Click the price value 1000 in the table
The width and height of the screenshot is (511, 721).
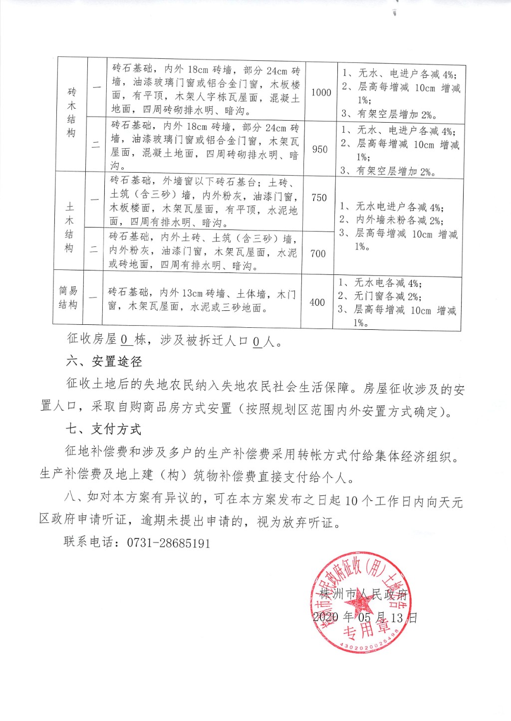pyautogui.click(x=321, y=92)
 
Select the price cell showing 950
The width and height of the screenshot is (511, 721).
pyautogui.click(x=320, y=149)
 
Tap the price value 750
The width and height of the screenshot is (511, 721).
pyautogui.click(x=319, y=198)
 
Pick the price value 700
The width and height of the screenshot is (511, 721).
pyautogui.click(x=318, y=253)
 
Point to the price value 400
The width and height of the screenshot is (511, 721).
pyautogui.click(x=317, y=302)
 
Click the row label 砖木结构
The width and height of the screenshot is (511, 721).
pyautogui.click(x=72, y=113)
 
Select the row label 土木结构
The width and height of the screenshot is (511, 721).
pyautogui.click(x=69, y=227)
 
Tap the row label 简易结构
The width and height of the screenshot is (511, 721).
pyautogui.click(x=68, y=297)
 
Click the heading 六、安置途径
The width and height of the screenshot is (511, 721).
pyautogui.click(x=104, y=361)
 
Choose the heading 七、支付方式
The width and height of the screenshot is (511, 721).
pyautogui.click(x=103, y=429)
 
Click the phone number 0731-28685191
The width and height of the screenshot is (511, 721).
pyautogui.click(x=169, y=543)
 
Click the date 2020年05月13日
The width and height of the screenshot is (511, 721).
pyautogui.click(x=365, y=617)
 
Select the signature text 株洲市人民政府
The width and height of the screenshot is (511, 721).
pyautogui.click(x=364, y=594)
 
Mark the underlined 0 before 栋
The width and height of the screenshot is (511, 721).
pyautogui.click(x=125, y=340)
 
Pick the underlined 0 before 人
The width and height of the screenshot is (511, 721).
pyautogui.click(x=256, y=341)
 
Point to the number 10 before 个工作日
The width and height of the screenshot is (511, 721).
pyautogui.click(x=351, y=500)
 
